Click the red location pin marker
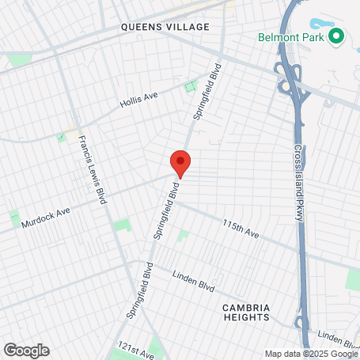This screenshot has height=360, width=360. coord(180,162)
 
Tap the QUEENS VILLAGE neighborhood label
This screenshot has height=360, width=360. coord(165,27)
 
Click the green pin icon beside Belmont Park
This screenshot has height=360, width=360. coord(336,36)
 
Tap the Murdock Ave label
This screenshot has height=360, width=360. coord(46,214)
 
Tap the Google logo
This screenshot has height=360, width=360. coord(26,351)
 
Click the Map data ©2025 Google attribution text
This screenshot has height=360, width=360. coord(311,354)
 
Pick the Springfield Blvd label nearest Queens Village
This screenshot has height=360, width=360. coord(207,93)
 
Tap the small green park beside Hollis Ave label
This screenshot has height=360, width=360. coord(190,87)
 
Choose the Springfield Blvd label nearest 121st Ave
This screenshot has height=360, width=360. coord(138,290)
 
